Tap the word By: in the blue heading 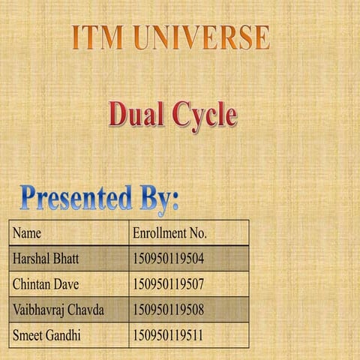[158, 199]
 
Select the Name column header [27, 233]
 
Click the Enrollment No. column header [169, 233]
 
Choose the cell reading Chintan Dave [46, 284]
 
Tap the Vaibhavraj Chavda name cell [58, 309]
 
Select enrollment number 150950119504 [168, 259]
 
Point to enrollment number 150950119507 [168, 284]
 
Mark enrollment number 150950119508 [168, 309]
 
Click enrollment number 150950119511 [168, 334]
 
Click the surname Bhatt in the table [65, 259]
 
